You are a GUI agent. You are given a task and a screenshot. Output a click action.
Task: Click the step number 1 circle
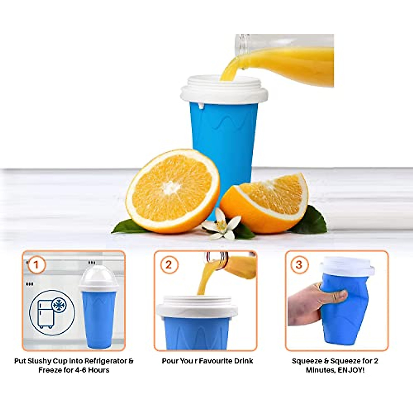coord(36,265)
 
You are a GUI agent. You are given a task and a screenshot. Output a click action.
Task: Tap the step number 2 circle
coord(169,265)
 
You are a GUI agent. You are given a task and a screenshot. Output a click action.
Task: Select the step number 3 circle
coord(299,265)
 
